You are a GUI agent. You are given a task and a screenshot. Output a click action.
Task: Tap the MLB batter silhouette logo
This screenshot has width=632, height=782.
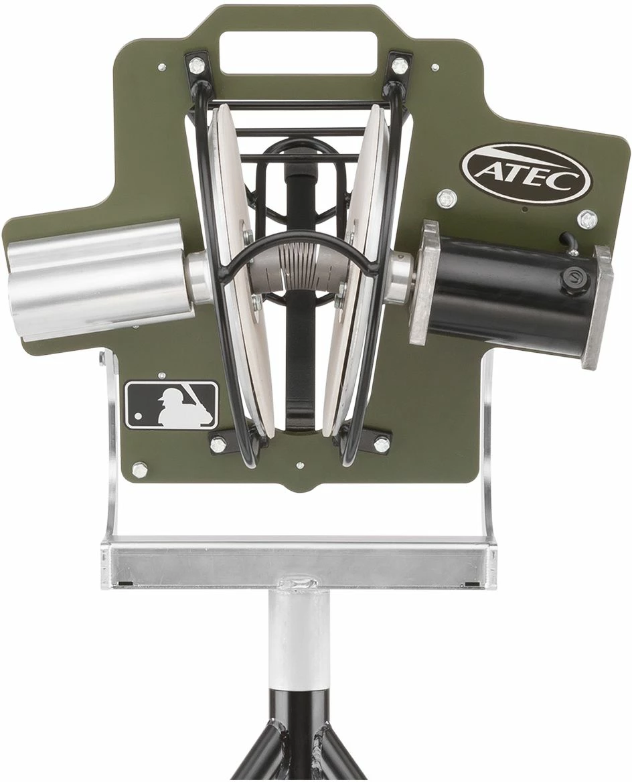[172, 405]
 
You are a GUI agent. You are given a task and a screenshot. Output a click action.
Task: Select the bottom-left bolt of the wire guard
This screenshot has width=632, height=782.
[218, 443]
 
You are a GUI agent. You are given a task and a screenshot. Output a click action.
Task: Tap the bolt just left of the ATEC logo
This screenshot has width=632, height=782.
[444, 198]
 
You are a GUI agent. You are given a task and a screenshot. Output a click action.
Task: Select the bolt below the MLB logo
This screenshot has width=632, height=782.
[139, 469]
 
